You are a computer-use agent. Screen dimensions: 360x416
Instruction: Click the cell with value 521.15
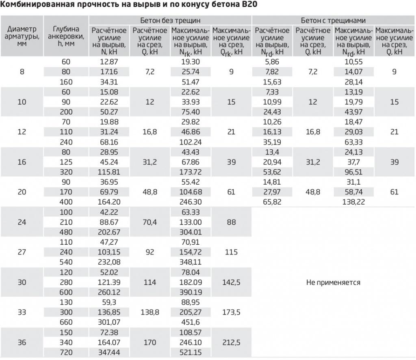191,352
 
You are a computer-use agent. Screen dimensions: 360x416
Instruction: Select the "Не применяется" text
333,282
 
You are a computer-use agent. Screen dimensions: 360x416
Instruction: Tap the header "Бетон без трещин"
170,20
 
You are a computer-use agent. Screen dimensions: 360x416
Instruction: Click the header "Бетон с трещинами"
333,20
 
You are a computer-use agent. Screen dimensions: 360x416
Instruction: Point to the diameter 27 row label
22,252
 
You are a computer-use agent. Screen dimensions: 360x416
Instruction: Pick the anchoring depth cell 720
66,352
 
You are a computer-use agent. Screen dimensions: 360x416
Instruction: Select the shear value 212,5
231,343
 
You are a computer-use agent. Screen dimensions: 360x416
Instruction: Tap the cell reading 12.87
108,62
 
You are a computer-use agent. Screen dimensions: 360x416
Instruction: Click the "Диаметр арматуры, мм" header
22,36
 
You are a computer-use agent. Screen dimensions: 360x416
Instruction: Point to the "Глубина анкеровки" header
66,36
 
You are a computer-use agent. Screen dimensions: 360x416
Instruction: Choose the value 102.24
191,142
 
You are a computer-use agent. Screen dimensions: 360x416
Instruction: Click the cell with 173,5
231,313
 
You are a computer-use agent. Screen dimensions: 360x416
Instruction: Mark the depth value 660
66,322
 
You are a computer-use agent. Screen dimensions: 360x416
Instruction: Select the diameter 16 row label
22,162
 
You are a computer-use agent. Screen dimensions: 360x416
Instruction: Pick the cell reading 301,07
108,322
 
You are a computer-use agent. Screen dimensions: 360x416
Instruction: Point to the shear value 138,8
150,313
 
